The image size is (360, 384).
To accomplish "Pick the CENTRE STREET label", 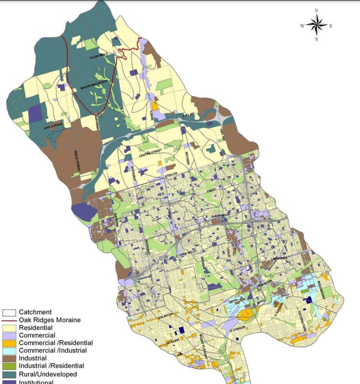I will (x=151, y=153).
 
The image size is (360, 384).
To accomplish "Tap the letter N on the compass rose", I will (x=316, y=10).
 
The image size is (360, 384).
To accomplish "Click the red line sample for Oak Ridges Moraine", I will (x=10, y=320).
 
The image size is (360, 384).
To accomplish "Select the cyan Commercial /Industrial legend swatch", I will (x=10, y=351).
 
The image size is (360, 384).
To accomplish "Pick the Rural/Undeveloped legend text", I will (x=48, y=374).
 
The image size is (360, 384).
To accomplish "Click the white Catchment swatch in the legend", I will (x=10, y=312).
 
